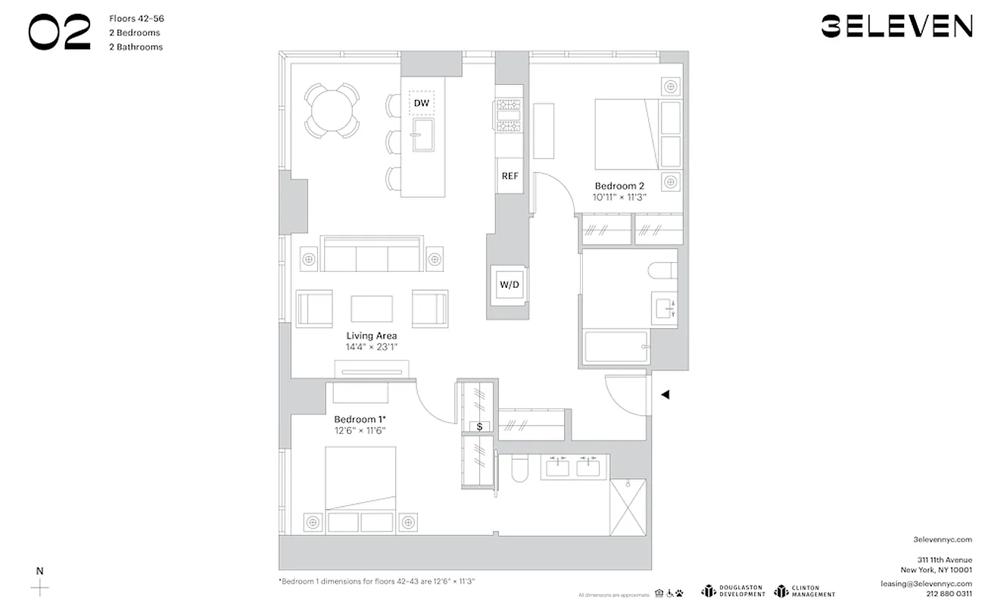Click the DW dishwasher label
[x=422, y=102]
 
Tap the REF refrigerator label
[x=510, y=176]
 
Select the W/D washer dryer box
[x=510, y=286]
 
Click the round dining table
[x=332, y=110]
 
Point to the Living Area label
[x=372, y=336]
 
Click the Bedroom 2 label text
[x=619, y=186]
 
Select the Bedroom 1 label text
[x=360, y=419]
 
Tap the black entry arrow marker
[x=665, y=395]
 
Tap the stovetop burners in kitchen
[x=509, y=116]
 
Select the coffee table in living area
[x=372, y=308]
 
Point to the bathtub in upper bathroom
[x=615, y=347]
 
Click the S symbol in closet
[x=480, y=427]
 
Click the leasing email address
[x=925, y=583]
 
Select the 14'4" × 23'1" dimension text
[x=372, y=347]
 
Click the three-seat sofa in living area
[x=372, y=255]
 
